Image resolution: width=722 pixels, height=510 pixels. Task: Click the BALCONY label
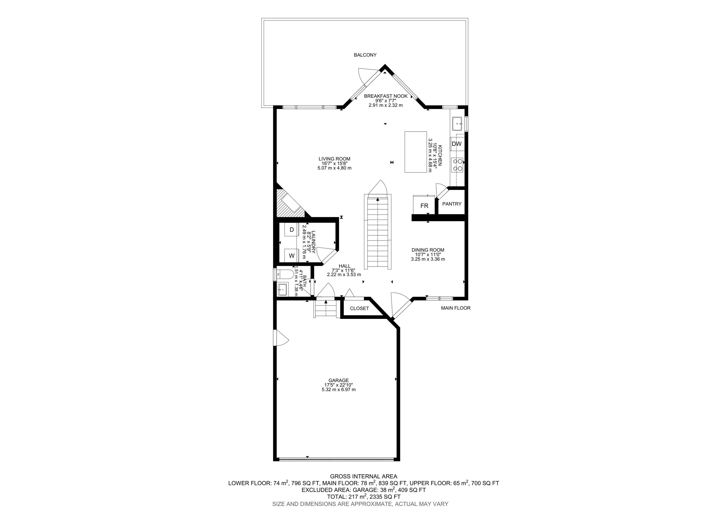(365, 55)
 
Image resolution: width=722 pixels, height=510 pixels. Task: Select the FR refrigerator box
(424, 205)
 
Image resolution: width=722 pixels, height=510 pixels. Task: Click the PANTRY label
(452, 204)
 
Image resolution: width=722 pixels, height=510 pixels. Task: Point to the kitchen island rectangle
(415, 152)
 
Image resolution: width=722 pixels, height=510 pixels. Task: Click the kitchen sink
(457, 124)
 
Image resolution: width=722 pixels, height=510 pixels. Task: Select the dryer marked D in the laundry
(291, 230)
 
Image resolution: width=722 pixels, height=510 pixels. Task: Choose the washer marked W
(291, 256)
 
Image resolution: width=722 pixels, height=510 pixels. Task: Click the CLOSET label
(359, 308)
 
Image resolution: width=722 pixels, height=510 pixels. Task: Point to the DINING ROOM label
(428, 250)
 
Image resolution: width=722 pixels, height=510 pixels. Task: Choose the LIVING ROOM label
(334, 159)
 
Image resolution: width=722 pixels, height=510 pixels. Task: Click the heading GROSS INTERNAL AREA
(364, 476)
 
